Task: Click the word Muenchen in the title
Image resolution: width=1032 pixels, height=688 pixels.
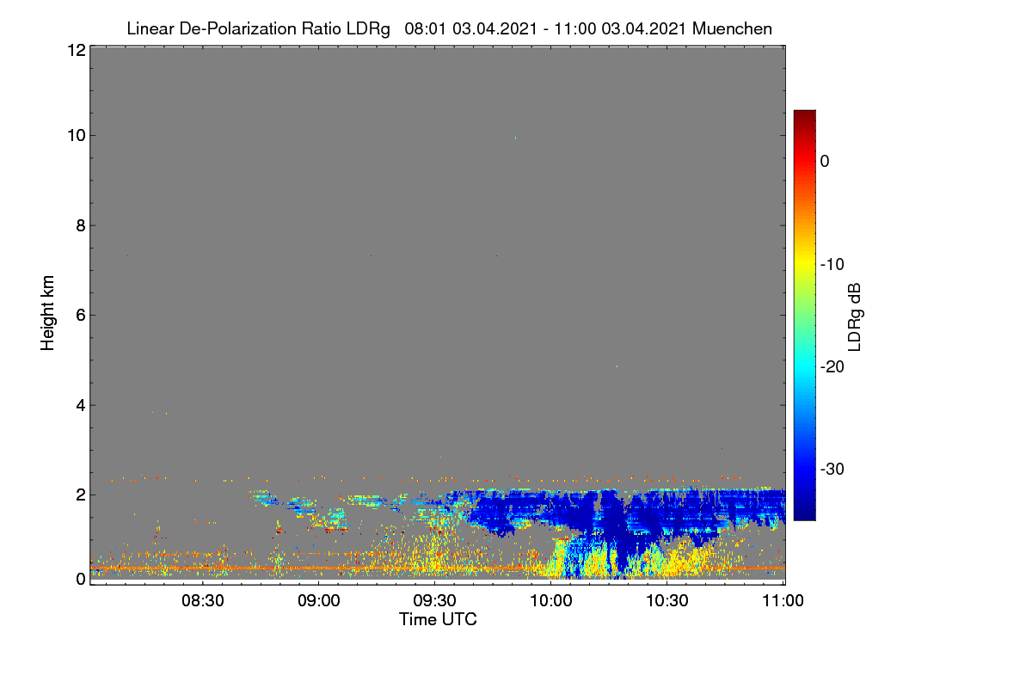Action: coord(732,28)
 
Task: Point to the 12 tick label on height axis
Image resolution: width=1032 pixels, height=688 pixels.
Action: coord(77,50)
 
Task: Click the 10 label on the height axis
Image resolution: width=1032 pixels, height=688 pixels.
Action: coord(77,136)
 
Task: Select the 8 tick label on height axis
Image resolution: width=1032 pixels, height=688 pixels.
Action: coord(81,225)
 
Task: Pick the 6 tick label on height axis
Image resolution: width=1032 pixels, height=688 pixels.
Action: coord(81,316)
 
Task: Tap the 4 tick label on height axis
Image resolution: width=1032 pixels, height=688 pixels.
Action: coord(81,405)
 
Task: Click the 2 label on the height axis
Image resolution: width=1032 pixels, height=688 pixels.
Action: coord(81,494)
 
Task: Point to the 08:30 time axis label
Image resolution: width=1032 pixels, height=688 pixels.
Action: coord(203,600)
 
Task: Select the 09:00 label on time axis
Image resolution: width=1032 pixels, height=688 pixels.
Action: coord(319,600)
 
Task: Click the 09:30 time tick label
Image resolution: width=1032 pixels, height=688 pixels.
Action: coord(434,600)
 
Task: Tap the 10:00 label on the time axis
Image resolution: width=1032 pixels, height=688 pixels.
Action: coord(551,600)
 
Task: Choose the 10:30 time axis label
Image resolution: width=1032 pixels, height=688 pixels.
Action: coord(667,600)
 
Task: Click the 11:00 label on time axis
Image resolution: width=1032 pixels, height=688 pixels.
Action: coord(783,600)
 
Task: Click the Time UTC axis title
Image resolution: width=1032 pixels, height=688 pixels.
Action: coord(438,619)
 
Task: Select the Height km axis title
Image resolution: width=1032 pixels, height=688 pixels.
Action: coord(47,313)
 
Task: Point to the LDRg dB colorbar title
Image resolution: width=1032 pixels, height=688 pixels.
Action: coord(854,317)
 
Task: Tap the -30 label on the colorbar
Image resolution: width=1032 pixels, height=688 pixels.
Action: coord(832,469)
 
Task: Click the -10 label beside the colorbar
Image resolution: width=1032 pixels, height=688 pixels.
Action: coord(832,265)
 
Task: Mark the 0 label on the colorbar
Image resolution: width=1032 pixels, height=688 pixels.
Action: coord(825,162)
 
